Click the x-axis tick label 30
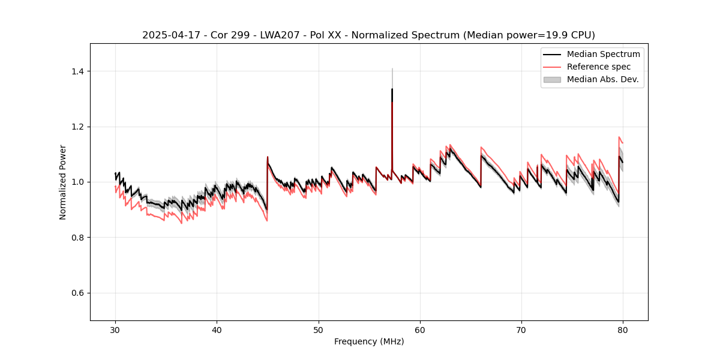(115, 330)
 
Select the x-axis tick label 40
(217, 330)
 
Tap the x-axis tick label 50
(318, 330)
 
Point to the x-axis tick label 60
(420, 330)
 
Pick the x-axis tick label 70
(521, 330)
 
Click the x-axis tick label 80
(623, 330)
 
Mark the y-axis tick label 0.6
(78, 293)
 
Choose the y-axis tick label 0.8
(78, 238)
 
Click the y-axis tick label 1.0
(78, 182)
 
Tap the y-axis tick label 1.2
(78, 127)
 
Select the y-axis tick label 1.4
(78, 71)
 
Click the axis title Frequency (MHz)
(369, 341)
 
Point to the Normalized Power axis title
(63, 182)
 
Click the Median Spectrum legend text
(604, 54)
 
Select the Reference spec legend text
(599, 67)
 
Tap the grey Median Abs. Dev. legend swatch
(552, 79)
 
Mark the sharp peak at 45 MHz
(268, 157)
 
